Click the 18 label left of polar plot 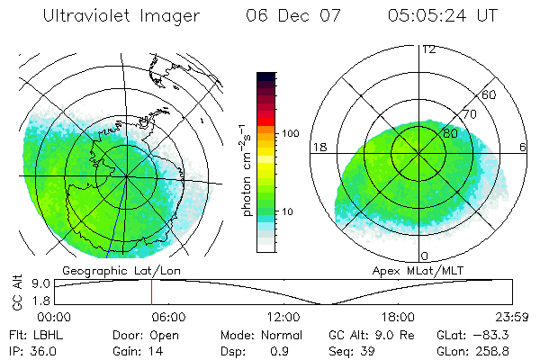319,147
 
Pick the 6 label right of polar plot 524,147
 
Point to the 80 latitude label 450,131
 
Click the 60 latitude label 490,94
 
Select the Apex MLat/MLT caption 423,270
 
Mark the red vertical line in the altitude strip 151,291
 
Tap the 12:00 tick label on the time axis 283,317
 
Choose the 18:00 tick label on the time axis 398,317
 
